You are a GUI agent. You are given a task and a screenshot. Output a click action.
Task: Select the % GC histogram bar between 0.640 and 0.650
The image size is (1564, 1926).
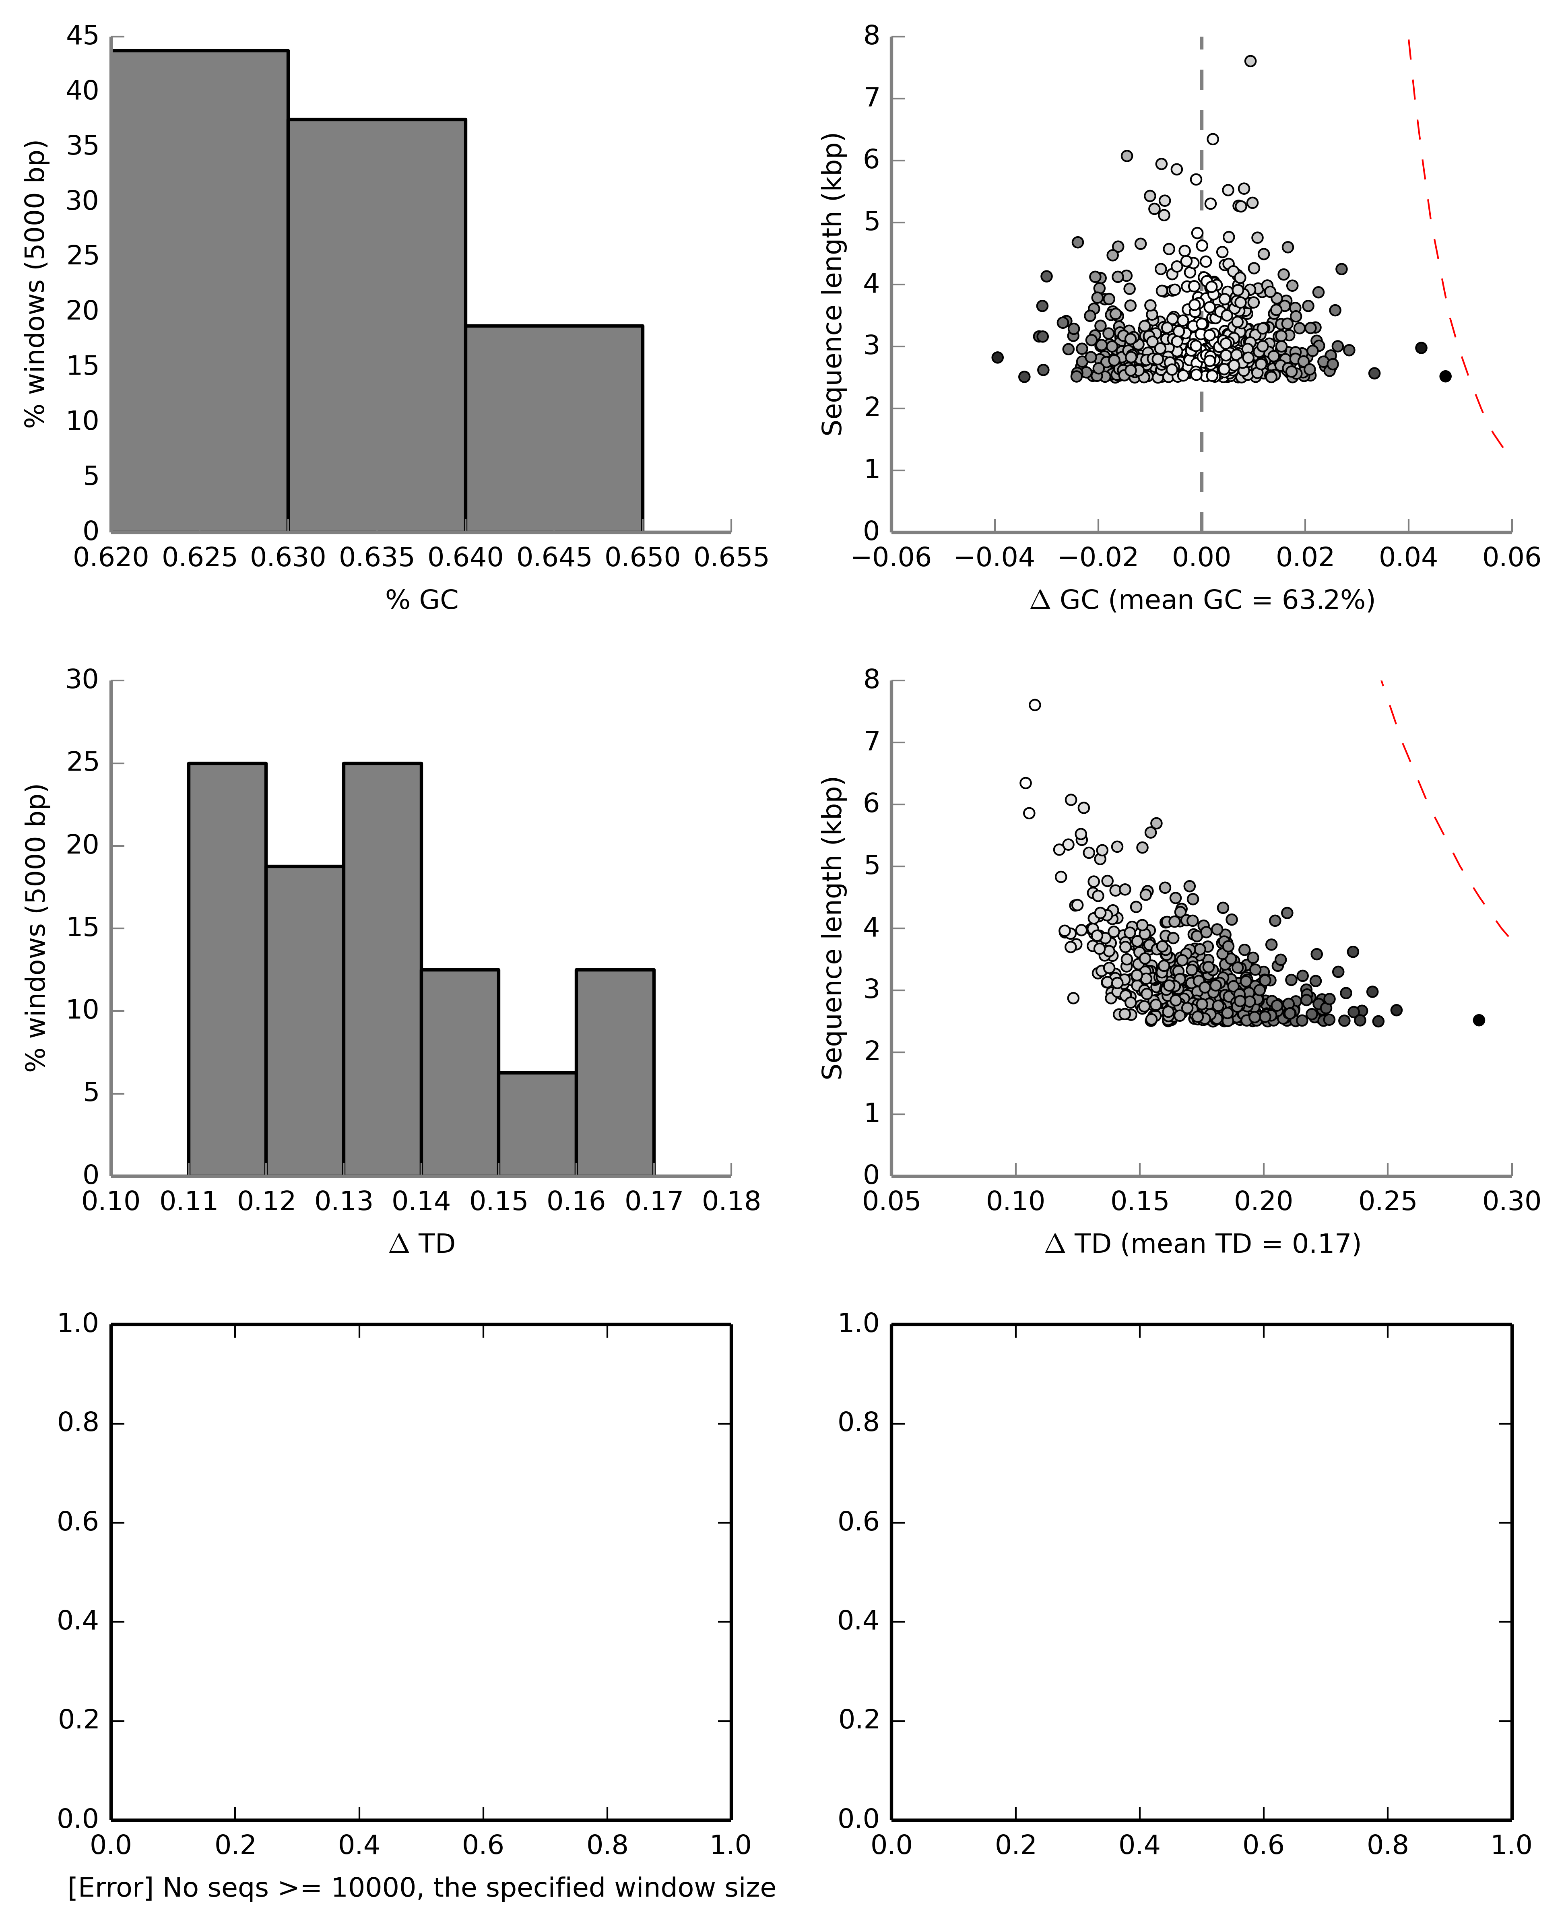point(554,428)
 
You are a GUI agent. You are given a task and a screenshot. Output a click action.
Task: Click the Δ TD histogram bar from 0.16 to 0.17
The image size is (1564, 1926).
point(615,1072)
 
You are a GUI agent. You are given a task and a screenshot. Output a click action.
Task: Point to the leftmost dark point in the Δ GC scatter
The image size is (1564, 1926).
point(997,358)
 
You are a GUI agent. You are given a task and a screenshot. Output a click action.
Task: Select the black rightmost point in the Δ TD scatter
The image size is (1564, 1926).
point(1478,1020)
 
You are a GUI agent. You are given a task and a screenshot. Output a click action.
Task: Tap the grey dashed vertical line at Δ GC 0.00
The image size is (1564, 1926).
point(1201,432)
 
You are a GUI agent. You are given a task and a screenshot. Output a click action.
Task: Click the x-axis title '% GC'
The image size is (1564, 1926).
point(422,600)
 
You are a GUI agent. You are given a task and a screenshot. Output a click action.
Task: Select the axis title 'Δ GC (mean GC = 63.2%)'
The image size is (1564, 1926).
point(1202,600)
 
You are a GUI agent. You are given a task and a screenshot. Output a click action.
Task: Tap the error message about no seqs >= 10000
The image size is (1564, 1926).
point(422,1887)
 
